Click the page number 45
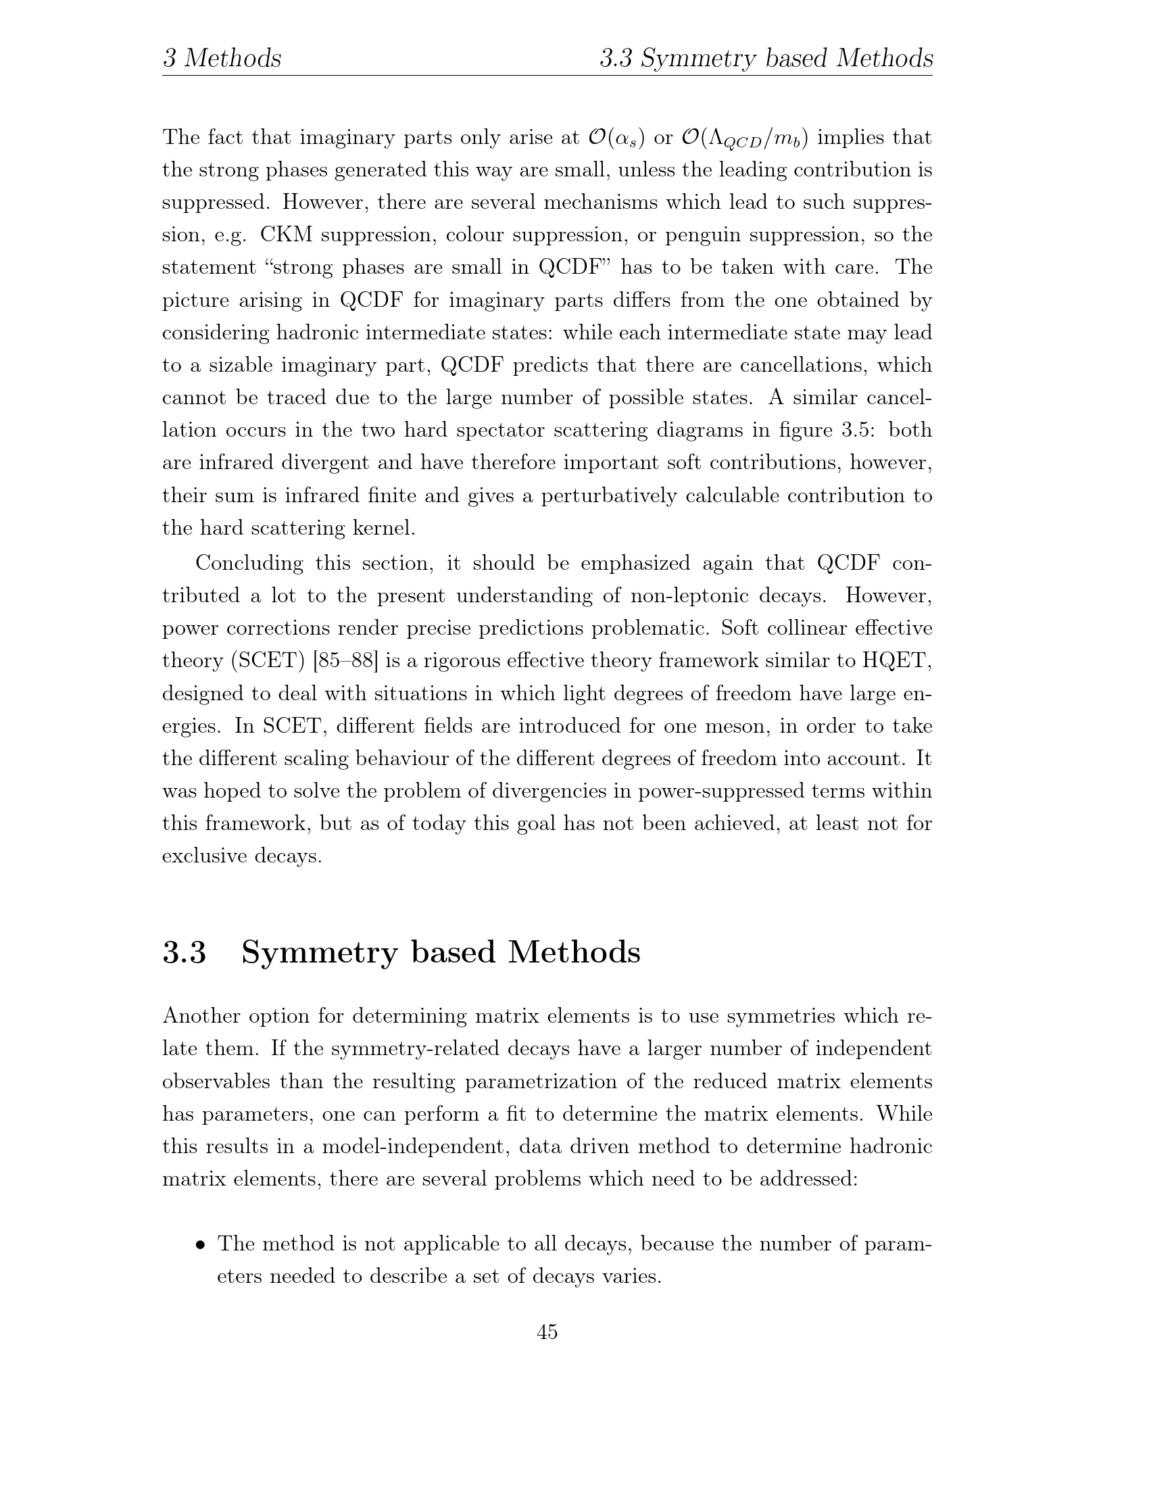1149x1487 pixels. (547, 1332)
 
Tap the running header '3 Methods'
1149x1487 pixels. (222, 59)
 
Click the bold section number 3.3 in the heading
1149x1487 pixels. (184, 952)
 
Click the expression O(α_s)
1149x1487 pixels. (615, 137)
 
